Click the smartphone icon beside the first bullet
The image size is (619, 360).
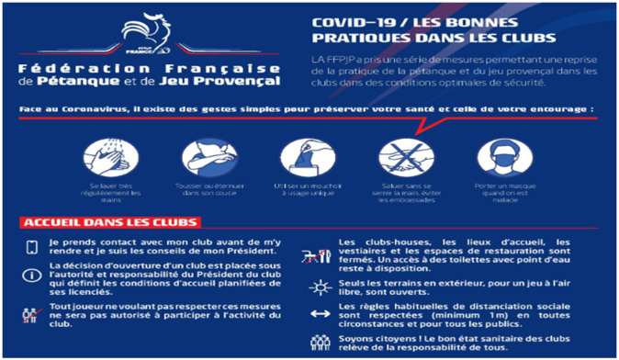(32, 247)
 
